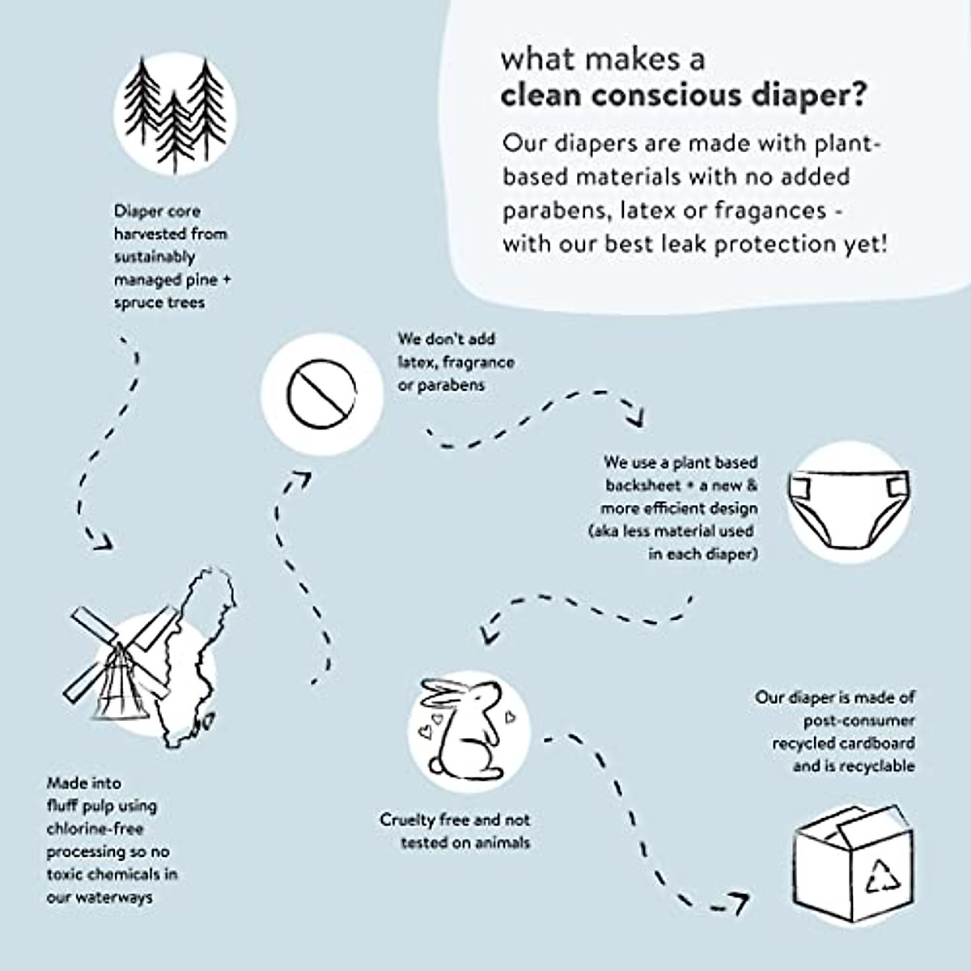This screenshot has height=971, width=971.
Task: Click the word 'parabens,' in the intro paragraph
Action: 556,210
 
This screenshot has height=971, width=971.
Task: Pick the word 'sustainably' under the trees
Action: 155,257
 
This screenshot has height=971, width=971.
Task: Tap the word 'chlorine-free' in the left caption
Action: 95,829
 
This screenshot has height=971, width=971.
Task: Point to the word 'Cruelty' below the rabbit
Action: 408,820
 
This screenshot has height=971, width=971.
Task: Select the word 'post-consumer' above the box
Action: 859,720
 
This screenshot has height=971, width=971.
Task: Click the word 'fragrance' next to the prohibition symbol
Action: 478,362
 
